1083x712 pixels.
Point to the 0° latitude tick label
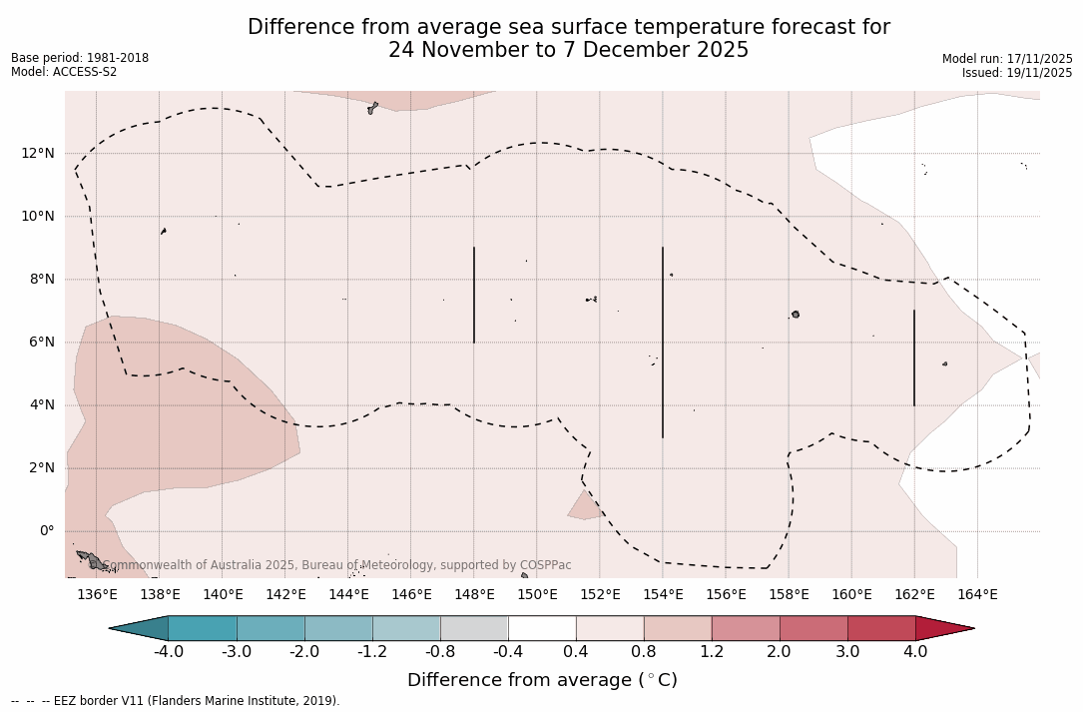47,530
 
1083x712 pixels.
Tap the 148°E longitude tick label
474,595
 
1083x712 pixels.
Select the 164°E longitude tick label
977,595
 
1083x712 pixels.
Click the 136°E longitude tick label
97,595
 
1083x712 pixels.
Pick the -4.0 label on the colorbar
168,652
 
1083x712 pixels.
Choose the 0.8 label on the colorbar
644,652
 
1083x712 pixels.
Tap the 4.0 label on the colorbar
915,652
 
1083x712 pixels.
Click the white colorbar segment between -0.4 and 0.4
542,628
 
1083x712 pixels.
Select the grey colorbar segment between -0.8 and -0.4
474,628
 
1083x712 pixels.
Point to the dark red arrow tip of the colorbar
948,628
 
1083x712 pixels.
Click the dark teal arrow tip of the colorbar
136,628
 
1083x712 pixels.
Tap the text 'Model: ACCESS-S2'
64,72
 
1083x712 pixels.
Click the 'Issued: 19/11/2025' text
1017,73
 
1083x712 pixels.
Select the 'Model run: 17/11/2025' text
1007,59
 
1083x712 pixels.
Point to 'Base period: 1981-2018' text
80,58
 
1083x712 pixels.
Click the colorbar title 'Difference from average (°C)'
542,680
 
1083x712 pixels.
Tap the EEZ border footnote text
176,701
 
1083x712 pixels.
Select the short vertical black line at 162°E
914,357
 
